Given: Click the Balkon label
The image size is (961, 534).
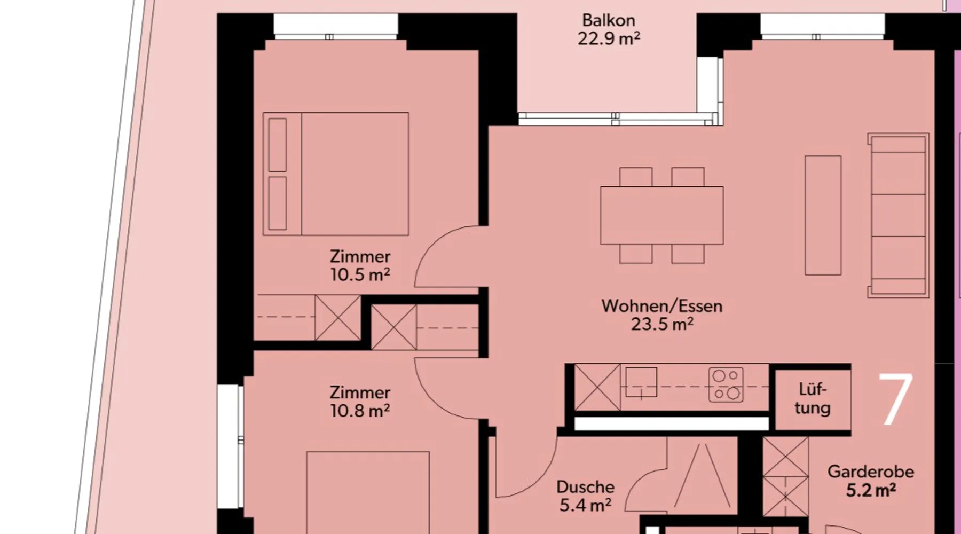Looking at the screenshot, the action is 609,20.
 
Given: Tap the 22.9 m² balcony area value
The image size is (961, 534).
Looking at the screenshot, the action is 609,38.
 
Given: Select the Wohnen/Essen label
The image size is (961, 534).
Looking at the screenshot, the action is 662,306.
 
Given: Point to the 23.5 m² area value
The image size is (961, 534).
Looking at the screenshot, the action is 662,324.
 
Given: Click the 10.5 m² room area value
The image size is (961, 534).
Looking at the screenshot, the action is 360,274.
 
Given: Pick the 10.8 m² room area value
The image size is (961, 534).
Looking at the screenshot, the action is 360,411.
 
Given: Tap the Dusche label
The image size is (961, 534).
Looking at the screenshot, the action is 585,487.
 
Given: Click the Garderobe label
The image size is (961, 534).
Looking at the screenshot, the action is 871,472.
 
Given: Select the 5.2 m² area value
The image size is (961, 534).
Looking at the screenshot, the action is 871,490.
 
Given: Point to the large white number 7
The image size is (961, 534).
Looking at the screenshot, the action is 895,399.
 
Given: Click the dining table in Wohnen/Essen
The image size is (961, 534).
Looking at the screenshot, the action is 662,215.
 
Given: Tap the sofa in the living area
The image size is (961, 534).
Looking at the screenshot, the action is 898,215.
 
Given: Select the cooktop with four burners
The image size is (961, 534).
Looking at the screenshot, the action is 726,384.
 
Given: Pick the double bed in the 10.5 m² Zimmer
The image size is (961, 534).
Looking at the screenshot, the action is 336,174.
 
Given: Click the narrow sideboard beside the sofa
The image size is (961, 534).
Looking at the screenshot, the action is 823,216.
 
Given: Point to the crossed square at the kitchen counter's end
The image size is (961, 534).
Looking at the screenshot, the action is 597,387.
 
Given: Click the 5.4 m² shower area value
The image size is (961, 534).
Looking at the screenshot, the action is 585,505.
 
